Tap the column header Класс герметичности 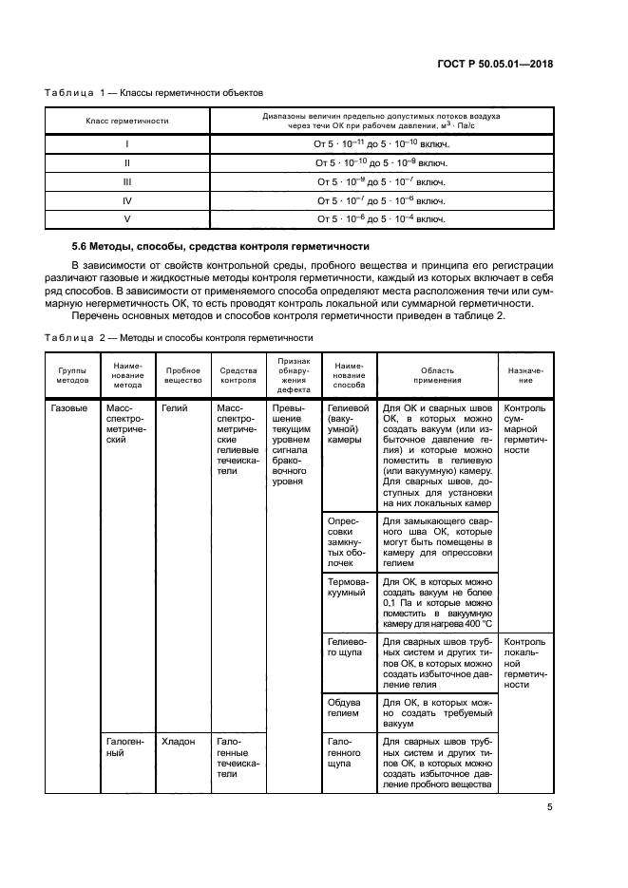127,122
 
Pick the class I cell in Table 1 127,143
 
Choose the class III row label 127,180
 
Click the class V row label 127,218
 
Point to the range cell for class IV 380,200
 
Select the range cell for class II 380,162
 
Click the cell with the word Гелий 175,408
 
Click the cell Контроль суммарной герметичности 524,428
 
